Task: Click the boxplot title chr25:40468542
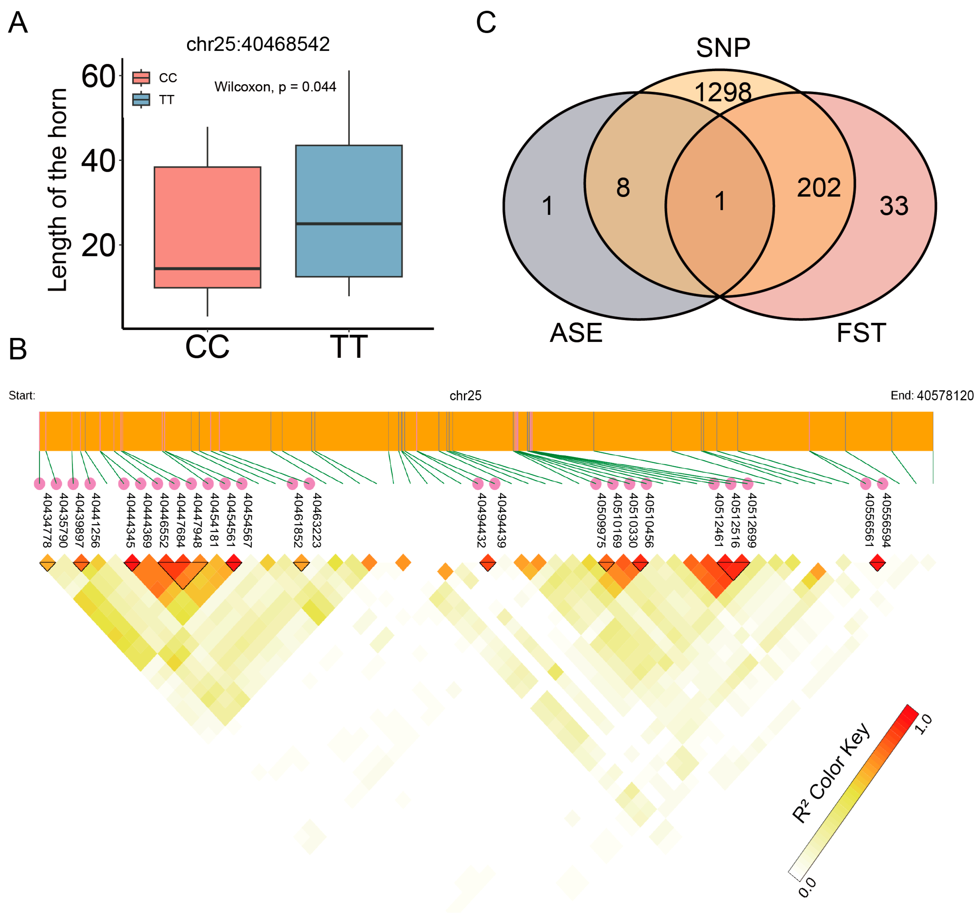pyautogui.click(x=258, y=44)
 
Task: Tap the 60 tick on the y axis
pyautogui.click(x=98, y=77)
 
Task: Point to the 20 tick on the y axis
pyautogui.click(x=98, y=245)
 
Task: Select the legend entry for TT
pyautogui.click(x=154, y=100)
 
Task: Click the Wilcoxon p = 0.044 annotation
pyautogui.click(x=275, y=87)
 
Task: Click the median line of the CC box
pyautogui.click(x=207, y=268)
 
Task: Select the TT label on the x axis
pyautogui.click(x=349, y=347)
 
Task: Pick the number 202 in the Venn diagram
pyautogui.click(x=818, y=188)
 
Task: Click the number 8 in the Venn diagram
pyautogui.click(x=623, y=188)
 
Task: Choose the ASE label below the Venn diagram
pyautogui.click(x=576, y=333)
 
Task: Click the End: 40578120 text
pyautogui.click(x=932, y=396)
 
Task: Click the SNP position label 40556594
pyautogui.click(x=886, y=520)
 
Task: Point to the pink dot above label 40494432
pyautogui.click(x=478, y=484)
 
